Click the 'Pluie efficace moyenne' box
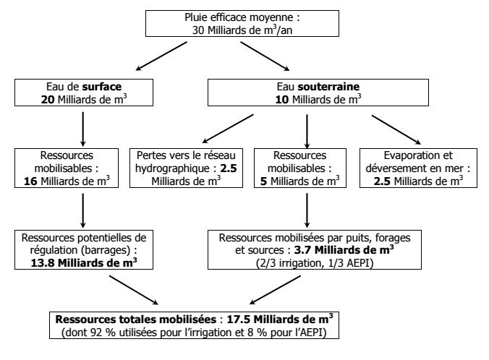tap(245, 22)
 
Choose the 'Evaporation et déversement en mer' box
tap(423, 168)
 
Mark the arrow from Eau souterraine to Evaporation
tap(386, 132)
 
